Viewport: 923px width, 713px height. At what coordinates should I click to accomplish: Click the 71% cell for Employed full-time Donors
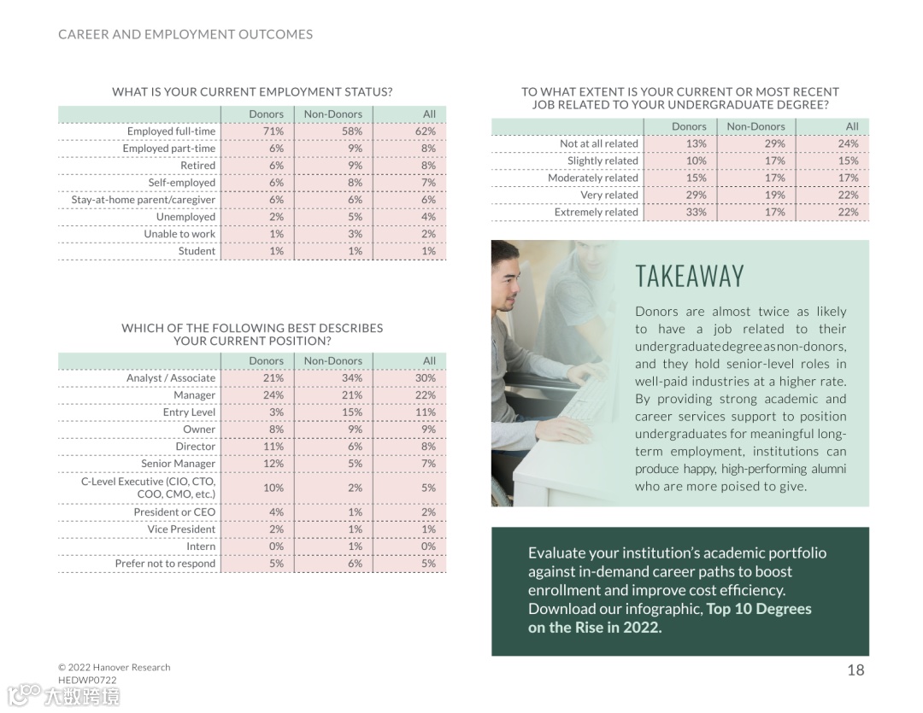click(273, 131)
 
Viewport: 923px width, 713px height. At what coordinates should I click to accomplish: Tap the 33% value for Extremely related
click(697, 212)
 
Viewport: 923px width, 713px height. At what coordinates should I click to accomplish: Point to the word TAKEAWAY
click(690, 277)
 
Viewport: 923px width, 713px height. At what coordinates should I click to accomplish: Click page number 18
click(855, 670)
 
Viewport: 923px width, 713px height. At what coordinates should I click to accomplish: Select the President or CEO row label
click(174, 512)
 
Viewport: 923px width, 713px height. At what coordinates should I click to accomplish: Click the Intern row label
click(201, 546)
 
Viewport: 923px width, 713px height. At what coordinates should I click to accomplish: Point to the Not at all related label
click(598, 143)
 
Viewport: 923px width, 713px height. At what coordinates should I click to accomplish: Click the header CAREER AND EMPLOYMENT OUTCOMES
click(185, 35)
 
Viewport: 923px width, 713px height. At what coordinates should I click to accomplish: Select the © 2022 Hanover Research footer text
click(115, 667)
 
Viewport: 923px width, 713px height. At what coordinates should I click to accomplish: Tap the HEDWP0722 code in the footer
click(87, 680)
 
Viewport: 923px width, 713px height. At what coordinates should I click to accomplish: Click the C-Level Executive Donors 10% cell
click(273, 488)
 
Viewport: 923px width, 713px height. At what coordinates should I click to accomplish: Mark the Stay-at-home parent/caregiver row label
click(144, 200)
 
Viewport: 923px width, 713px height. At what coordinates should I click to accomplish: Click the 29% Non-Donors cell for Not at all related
click(774, 143)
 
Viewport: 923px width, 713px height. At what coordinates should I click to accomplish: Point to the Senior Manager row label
click(179, 464)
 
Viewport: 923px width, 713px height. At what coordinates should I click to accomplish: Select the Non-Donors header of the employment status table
click(333, 114)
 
